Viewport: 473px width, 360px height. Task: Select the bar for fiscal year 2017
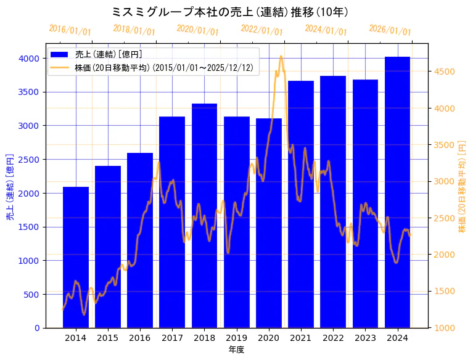coord(172,222)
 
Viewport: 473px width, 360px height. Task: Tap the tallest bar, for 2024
coord(397,192)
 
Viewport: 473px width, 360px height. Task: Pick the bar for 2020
coord(269,223)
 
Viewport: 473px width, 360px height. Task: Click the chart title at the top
coord(230,12)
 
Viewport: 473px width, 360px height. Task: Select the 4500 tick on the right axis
coord(444,72)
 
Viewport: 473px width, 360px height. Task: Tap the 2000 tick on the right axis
coord(444,255)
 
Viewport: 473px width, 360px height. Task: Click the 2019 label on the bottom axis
coord(236,338)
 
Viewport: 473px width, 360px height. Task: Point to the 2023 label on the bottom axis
coord(365,338)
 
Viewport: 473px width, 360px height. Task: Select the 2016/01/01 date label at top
coord(70,30)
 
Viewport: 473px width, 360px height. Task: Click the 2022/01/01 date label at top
coord(262,30)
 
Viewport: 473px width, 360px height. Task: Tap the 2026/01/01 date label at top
coord(390,30)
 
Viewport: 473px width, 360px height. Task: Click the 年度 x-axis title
coord(236,350)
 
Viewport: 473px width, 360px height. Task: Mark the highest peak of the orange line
coord(281,56)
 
